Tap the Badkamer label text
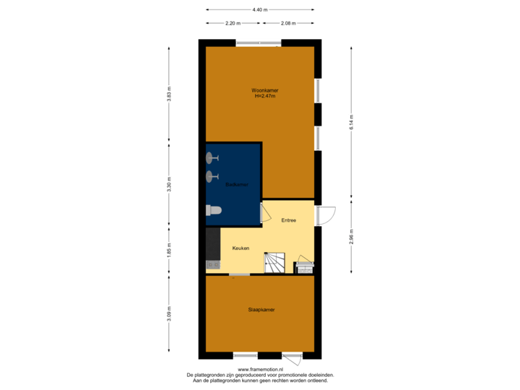(237, 185)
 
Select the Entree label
(289, 220)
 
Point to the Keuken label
(240, 248)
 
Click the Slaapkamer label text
(261, 309)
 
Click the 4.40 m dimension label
(260, 9)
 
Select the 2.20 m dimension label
(233, 23)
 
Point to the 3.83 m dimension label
(169, 96)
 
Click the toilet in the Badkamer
(214, 211)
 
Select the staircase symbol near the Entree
(275, 262)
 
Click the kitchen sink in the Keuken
(213, 265)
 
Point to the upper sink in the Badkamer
(212, 157)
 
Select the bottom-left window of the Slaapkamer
(245, 355)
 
